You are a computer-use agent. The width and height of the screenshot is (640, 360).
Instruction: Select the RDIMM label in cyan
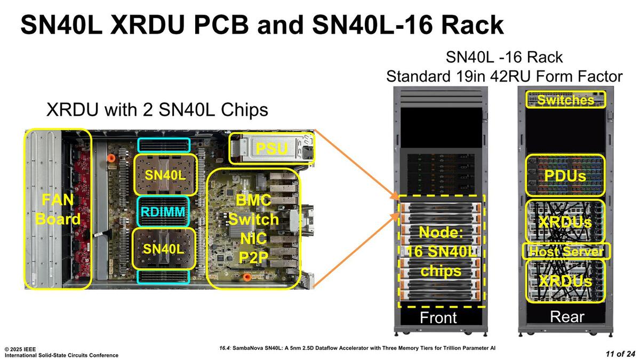(x=163, y=212)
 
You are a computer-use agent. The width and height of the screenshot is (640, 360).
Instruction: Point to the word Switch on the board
(x=253, y=219)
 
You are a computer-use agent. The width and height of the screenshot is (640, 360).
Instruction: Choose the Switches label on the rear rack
(x=565, y=100)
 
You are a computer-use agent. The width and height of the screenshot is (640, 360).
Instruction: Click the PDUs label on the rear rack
(x=565, y=176)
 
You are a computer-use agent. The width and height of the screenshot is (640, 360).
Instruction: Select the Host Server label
(x=566, y=251)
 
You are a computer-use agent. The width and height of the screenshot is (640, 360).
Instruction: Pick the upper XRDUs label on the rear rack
(x=565, y=222)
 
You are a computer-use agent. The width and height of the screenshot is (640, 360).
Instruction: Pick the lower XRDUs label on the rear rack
(x=565, y=281)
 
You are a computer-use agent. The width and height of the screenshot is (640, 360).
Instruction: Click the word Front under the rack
(x=438, y=318)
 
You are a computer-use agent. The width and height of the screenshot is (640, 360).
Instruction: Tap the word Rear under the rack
(x=567, y=317)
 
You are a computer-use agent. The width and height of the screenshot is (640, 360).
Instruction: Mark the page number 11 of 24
(x=620, y=354)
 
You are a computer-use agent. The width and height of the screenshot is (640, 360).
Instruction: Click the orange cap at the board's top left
(x=111, y=158)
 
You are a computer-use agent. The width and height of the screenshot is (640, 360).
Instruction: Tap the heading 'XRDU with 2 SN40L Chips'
(x=157, y=110)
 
